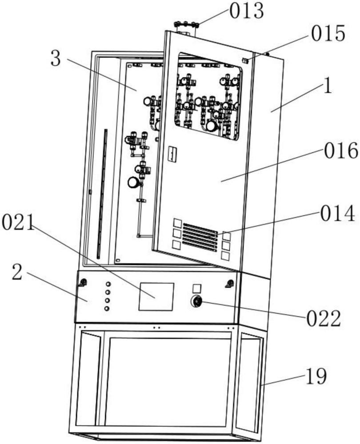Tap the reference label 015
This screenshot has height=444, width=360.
coord(328,33)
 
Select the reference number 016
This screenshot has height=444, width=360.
coord(341,151)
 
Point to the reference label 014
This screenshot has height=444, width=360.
coord(338,213)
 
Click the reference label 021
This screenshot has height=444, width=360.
coord(18,222)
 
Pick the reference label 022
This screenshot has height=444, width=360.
coord(324,318)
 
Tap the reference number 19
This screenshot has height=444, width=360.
coord(316,377)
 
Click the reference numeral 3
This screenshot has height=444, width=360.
coord(56,59)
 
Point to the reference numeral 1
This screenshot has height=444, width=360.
coord(328,86)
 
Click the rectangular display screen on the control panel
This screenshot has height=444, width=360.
coord(156,297)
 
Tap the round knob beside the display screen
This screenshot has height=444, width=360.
coord(196,301)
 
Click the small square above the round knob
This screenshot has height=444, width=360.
coord(197,289)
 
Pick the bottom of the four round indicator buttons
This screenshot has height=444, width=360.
coord(107,309)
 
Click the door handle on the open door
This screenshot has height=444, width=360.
coord(172,155)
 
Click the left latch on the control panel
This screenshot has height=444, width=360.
coord(83,282)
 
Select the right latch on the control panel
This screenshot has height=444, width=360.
coord(230,284)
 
